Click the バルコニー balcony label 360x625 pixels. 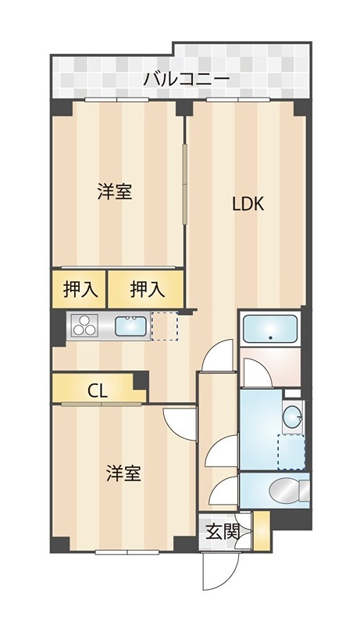[186, 79]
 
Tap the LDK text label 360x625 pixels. [249, 205]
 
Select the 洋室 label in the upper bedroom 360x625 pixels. [114, 192]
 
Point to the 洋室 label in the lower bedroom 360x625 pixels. [123, 473]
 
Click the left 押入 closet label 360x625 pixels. [80, 289]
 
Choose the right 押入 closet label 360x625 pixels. [147, 289]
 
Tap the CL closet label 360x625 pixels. [97, 391]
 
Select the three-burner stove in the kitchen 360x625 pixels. [84, 327]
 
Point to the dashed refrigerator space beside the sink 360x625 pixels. [165, 326]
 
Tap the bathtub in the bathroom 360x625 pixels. [269, 330]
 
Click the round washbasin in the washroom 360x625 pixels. [292, 417]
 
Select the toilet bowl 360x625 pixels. [286, 491]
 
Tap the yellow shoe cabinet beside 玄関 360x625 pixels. [261, 531]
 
